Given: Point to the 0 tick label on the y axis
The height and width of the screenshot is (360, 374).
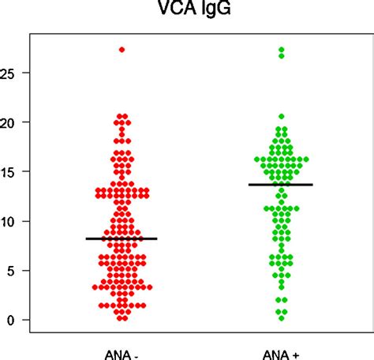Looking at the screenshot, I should [10, 320].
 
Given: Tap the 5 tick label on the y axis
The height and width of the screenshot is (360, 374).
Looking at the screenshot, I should [10, 270].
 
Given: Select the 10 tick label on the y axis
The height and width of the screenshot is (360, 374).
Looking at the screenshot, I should [8, 221].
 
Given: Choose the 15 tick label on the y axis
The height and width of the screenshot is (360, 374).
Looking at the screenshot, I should [8, 171].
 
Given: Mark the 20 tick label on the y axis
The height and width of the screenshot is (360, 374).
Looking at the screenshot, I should [8, 122].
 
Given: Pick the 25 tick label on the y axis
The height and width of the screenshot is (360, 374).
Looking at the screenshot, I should [8, 73].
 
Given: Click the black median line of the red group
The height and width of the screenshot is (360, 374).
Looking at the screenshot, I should [122, 238].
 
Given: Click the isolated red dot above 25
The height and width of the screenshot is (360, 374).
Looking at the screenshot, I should [122, 50].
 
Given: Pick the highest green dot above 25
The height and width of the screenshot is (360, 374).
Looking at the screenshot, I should [282, 50].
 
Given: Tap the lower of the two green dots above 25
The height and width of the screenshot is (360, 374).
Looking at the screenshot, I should [282, 56].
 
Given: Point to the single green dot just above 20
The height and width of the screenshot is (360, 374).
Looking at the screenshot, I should [282, 116].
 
